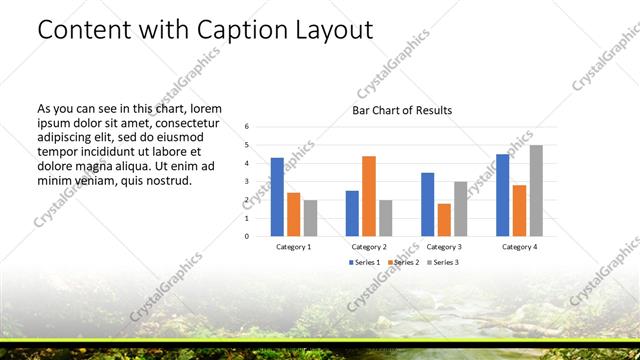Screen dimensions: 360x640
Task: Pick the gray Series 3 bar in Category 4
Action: [536, 191]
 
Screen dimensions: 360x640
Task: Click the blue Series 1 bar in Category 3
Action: [428, 204]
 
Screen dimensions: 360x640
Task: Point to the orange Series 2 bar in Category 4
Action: [520, 210]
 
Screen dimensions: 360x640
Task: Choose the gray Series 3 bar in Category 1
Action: [310, 218]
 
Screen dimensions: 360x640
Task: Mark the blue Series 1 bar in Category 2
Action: [352, 213]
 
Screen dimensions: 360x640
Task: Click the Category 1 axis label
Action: [293, 246]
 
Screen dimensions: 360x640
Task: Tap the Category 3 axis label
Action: [444, 246]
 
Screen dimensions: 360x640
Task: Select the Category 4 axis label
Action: [520, 246]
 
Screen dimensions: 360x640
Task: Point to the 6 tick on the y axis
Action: [247, 126]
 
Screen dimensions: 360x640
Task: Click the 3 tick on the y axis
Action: [247, 181]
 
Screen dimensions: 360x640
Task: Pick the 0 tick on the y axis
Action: [247, 236]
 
